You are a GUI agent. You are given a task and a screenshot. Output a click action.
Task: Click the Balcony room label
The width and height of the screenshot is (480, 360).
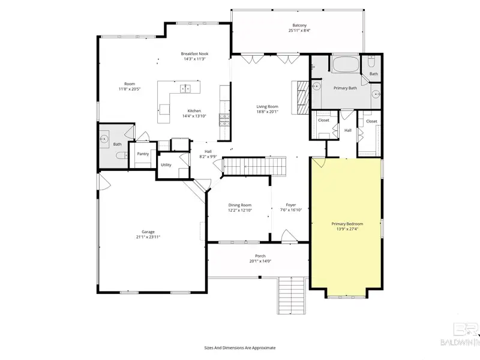299,25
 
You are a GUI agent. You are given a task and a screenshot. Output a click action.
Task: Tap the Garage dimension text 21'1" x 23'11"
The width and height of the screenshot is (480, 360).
148,237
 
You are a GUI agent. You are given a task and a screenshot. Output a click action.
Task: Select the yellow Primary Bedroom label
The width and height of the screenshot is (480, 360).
347,224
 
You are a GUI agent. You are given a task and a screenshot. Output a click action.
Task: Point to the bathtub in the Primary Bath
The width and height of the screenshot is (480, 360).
346,64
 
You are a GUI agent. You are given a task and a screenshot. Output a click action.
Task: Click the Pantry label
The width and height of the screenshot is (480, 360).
143,154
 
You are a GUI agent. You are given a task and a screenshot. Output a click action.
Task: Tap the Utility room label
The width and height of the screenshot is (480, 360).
166,164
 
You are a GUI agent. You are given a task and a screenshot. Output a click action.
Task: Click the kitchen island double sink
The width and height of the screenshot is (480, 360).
185,89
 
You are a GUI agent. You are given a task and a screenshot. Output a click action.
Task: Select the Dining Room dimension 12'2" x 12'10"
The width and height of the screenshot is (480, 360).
240,211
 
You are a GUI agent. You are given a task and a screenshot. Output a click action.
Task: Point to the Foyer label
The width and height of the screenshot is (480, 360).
291,205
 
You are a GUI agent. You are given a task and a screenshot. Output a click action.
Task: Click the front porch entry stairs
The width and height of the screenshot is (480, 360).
292,295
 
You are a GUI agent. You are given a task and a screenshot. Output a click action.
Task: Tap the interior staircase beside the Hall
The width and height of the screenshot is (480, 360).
254,166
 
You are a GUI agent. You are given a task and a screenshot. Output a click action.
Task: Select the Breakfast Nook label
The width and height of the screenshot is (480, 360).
194,53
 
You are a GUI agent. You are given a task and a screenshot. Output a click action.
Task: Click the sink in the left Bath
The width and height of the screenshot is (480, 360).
104,139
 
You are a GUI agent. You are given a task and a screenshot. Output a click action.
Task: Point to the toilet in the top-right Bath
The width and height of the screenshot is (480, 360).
371,62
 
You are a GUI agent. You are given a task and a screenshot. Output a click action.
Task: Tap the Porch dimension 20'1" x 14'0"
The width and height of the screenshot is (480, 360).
260,261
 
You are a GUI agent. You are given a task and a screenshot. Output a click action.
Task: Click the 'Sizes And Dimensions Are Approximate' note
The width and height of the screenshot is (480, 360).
240,348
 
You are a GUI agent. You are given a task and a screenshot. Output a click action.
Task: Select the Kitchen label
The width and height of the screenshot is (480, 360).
194,111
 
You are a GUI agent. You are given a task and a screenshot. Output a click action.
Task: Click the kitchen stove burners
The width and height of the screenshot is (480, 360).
224,119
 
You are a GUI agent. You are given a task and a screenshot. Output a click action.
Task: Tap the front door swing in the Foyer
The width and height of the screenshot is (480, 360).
289,236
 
